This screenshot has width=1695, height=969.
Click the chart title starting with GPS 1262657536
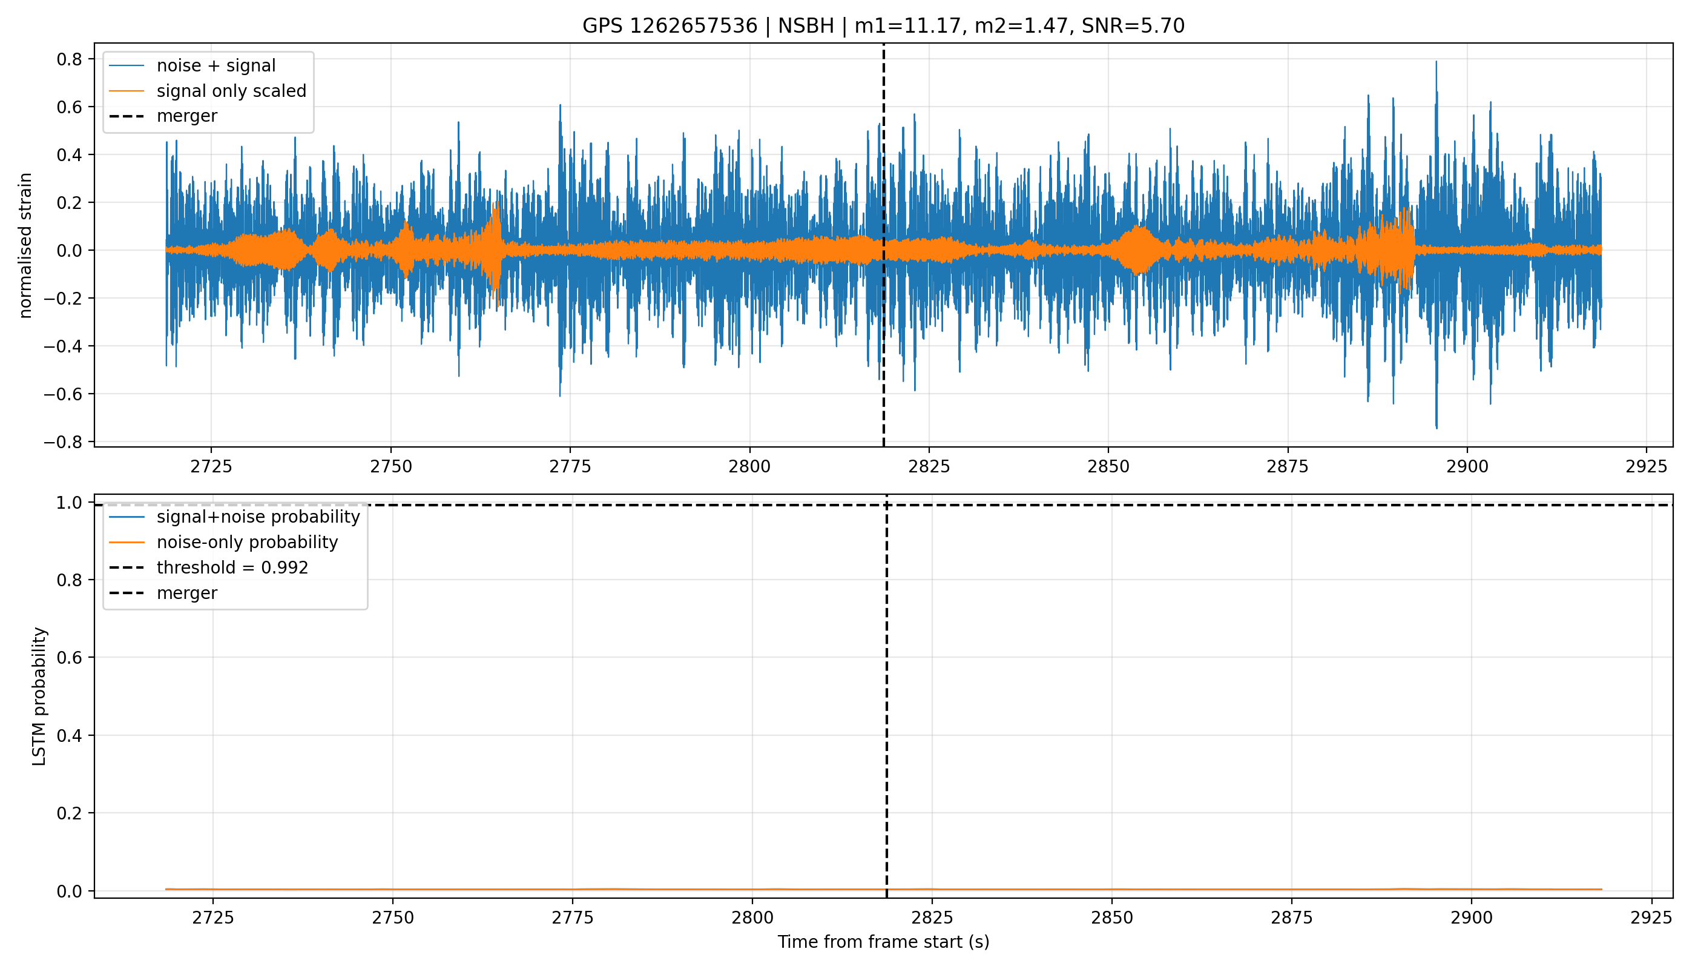point(883,26)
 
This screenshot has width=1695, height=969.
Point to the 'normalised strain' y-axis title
point(25,245)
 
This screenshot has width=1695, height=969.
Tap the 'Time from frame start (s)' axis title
point(883,942)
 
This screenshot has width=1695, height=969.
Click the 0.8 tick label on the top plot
point(69,59)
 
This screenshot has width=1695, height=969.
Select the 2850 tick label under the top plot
point(1108,466)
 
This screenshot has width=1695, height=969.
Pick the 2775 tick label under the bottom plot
point(572,918)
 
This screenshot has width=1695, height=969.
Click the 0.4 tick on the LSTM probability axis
point(69,735)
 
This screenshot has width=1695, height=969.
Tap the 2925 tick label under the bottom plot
point(1651,918)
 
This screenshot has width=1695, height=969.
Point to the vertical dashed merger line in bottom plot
point(887,696)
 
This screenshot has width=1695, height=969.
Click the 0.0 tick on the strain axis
point(69,250)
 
